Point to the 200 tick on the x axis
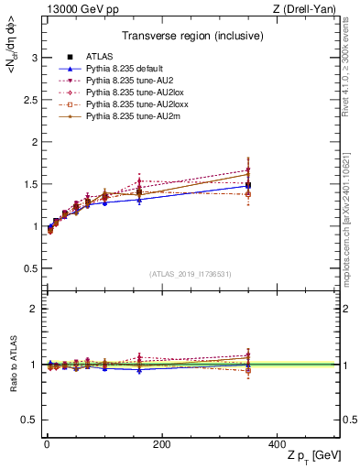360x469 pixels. [161, 443]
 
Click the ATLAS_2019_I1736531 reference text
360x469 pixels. [191, 273]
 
